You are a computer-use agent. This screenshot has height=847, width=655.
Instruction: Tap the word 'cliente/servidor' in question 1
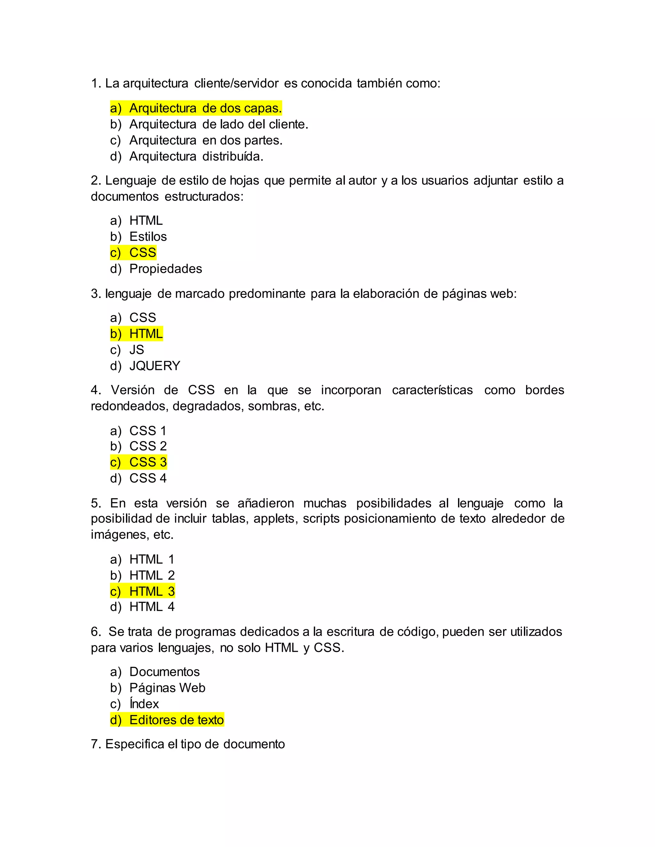pyautogui.click(x=236, y=83)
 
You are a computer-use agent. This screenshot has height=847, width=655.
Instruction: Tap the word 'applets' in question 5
pyautogui.click(x=275, y=519)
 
